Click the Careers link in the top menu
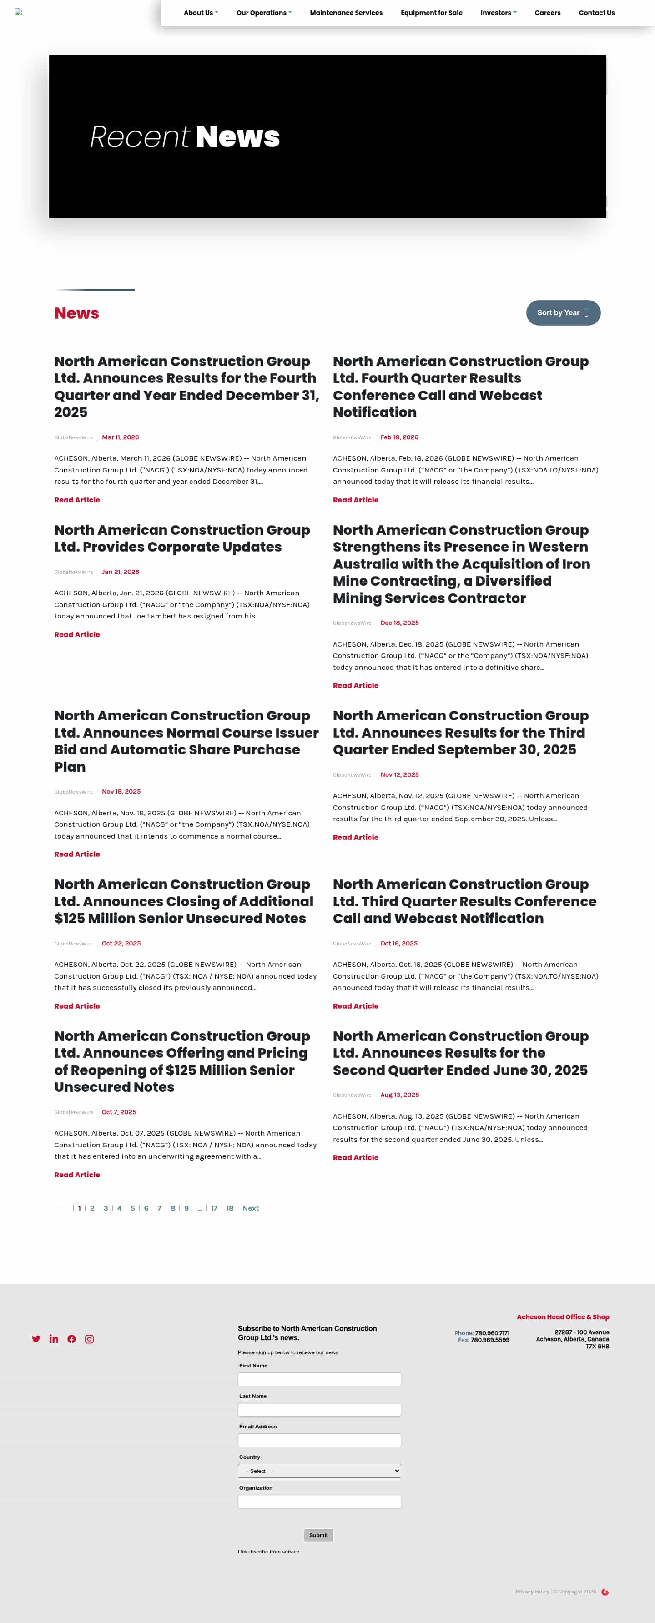[x=547, y=13]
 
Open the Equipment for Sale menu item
[x=431, y=13]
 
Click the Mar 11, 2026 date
[x=121, y=437]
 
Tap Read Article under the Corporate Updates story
[x=77, y=634]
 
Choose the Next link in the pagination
[x=250, y=1208]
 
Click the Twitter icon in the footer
[x=36, y=1339]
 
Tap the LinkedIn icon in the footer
[x=54, y=1339]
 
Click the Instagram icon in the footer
[x=90, y=1339]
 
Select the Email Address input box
[x=319, y=1440]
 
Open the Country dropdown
[x=319, y=1471]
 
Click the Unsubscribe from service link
[x=268, y=1551]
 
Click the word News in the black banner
[x=238, y=137]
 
